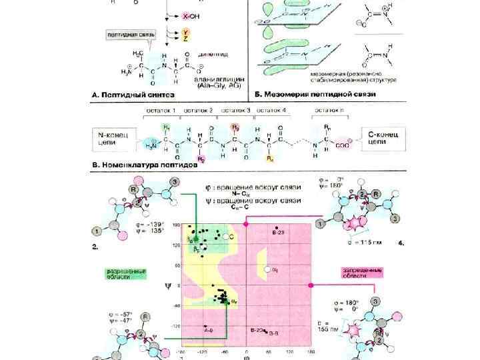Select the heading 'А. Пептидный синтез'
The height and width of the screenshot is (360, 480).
[x=127, y=95]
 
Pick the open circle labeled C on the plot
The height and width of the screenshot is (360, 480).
[x=225, y=237]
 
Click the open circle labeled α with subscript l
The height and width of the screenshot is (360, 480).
[x=267, y=269]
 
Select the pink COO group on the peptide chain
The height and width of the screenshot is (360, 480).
[x=345, y=141]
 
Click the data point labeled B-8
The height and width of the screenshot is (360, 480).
[x=265, y=331]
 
